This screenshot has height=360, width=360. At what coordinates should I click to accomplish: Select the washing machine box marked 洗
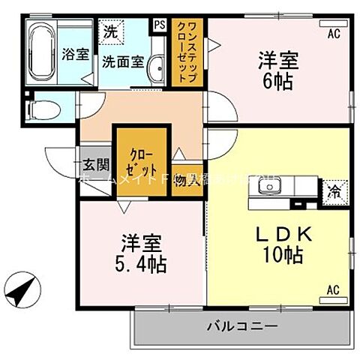pos(111,31)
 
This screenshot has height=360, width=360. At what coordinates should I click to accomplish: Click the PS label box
pos(160,24)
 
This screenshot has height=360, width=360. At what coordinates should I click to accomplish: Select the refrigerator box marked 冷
pos(334,190)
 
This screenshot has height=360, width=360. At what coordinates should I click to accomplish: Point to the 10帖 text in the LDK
pos(283,255)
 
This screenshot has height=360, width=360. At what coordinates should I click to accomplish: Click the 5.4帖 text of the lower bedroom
pos(141,264)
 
